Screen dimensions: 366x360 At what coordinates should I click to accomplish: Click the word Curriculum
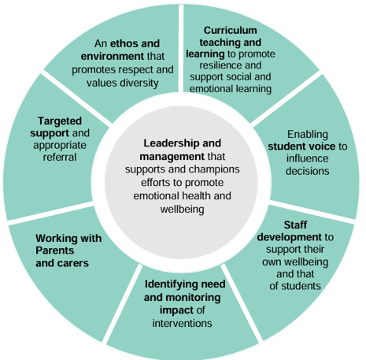pos(231,31)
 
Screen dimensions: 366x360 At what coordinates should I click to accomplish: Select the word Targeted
pos(60,121)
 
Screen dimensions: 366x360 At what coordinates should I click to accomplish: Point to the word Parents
pos(54,251)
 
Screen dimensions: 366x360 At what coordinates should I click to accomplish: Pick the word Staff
pos(295,225)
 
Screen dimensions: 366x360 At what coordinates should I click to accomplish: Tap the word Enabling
pos(308,135)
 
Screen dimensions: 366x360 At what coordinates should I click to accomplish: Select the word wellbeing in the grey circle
pos(183,210)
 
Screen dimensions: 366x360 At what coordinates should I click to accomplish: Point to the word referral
pos(60,158)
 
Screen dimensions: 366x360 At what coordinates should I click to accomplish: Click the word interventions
pos(183,324)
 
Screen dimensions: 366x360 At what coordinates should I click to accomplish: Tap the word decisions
pos(308,171)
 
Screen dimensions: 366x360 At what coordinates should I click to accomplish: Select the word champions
pos(214,170)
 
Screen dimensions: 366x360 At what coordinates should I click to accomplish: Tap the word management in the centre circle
pos(172,157)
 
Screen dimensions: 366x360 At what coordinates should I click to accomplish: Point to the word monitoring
pos(194,298)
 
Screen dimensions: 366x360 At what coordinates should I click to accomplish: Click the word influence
pos(308,158)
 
